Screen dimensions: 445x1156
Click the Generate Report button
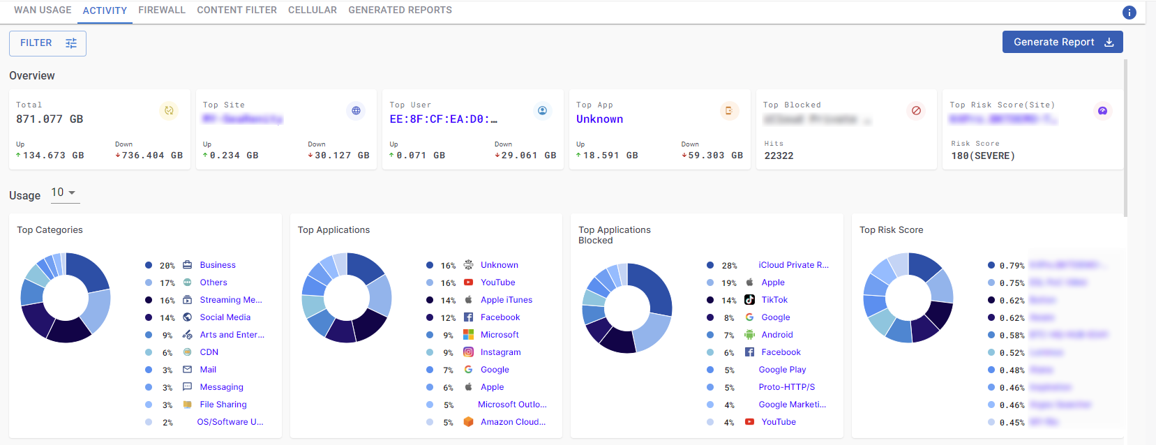1062,42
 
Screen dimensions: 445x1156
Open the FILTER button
47,43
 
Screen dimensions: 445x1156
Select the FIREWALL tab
162,10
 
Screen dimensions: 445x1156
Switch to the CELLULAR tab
312,10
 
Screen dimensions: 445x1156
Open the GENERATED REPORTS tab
400,10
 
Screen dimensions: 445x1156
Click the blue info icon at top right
1129,13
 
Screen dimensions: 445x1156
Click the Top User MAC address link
443,119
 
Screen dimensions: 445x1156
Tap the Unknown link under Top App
599,119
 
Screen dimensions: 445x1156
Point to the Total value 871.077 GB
50,119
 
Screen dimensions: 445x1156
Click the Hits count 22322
779,156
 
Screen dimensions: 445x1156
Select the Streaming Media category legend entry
230,300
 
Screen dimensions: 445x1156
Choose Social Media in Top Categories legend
225,317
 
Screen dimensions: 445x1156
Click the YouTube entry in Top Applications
497,282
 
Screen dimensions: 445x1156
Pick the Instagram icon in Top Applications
469,352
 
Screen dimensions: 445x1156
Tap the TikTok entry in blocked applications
774,300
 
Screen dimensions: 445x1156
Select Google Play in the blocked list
782,370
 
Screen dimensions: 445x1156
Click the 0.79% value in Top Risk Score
1012,266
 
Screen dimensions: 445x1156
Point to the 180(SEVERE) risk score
983,156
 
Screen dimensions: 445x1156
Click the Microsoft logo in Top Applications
469,335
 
